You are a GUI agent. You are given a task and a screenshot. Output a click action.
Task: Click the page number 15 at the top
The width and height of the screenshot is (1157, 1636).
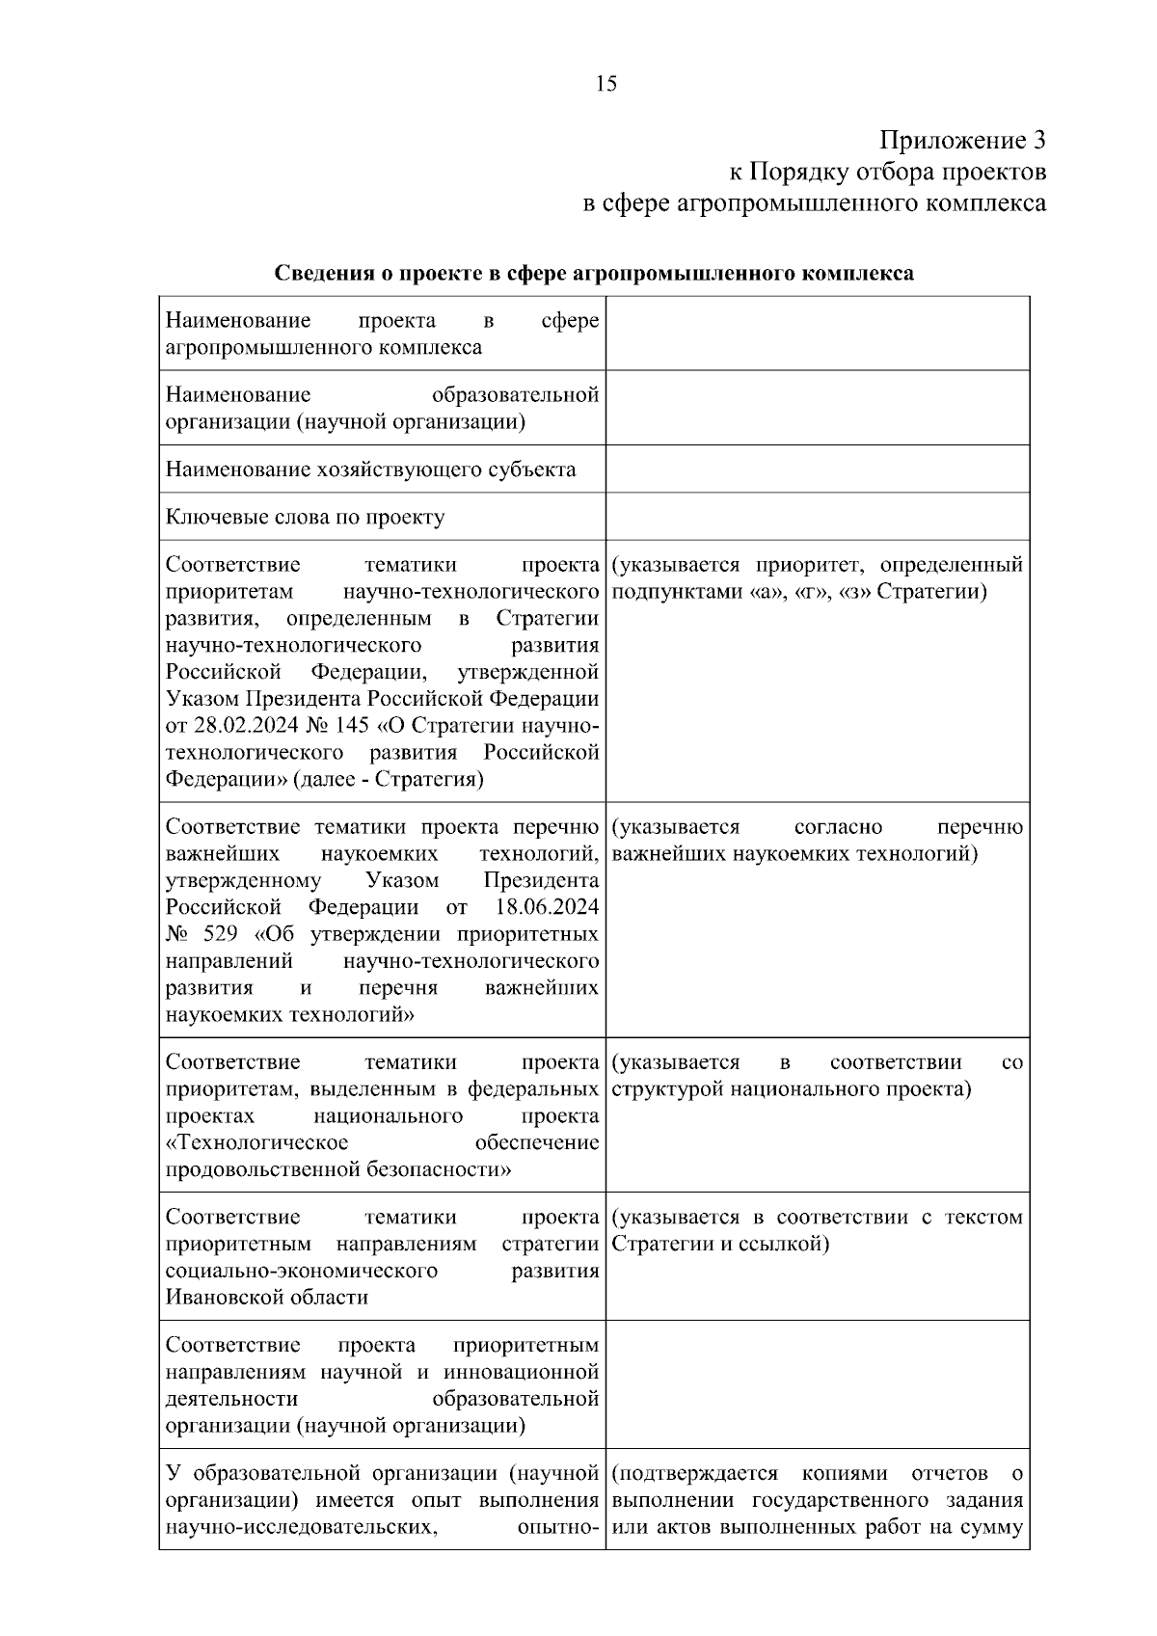[606, 84]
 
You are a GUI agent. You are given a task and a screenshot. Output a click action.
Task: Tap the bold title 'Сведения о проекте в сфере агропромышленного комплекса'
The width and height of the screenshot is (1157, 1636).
[594, 274]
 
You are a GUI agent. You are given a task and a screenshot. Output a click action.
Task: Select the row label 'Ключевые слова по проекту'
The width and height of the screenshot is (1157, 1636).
[305, 518]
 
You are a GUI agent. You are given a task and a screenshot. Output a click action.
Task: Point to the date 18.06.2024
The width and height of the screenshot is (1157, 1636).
[546, 907]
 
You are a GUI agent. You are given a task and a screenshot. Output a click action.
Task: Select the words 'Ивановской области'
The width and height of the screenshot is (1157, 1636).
[267, 1298]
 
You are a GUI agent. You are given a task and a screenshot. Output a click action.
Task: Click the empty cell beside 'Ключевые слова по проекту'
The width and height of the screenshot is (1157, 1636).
[817, 517]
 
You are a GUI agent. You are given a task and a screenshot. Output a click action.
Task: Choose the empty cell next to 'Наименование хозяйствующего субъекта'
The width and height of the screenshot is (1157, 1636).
[817, 469]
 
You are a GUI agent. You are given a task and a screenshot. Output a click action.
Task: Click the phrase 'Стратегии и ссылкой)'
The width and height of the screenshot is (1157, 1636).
[720, 1244]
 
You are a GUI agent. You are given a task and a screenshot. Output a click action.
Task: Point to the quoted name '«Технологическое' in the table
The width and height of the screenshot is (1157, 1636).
[256, 1143]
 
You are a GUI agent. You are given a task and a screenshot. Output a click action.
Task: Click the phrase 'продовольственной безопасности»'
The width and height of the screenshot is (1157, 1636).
[338, 1170]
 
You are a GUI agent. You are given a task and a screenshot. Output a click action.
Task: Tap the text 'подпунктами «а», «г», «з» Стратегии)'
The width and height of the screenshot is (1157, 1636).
[799, 591]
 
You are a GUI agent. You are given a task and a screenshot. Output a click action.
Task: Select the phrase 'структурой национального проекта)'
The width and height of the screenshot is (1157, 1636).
[791, 1089]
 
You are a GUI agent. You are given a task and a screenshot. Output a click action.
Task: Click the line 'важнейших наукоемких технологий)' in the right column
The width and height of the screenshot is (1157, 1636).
[794, 854]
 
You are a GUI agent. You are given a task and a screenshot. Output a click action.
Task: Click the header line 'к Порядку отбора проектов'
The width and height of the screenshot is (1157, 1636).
[886, 173]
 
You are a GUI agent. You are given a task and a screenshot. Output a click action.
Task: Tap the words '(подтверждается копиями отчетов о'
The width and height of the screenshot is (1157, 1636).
[817, 1474]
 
